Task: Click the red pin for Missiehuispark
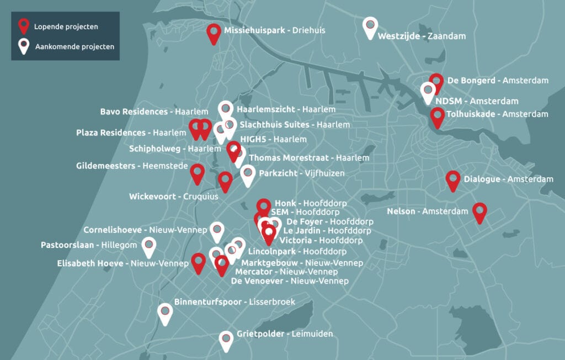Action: point(214,33)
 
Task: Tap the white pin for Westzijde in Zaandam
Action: point(370,27)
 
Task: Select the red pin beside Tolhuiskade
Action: point(438,117)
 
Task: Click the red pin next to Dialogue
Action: point(453,179)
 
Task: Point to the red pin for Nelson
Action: point(480,211)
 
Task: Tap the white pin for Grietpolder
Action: point(226,340)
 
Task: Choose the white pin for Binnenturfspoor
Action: point(165,313)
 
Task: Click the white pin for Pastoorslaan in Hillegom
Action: point(148,246)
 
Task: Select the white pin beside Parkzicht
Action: point(248,174)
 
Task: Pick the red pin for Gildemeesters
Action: point(197,173)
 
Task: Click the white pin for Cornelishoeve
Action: point(217,230)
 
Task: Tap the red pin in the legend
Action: point(24,25)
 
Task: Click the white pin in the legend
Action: point(24,46)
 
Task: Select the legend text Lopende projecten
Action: point(66,26)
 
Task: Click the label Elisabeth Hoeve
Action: point(90,263)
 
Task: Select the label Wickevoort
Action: point(153,197)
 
